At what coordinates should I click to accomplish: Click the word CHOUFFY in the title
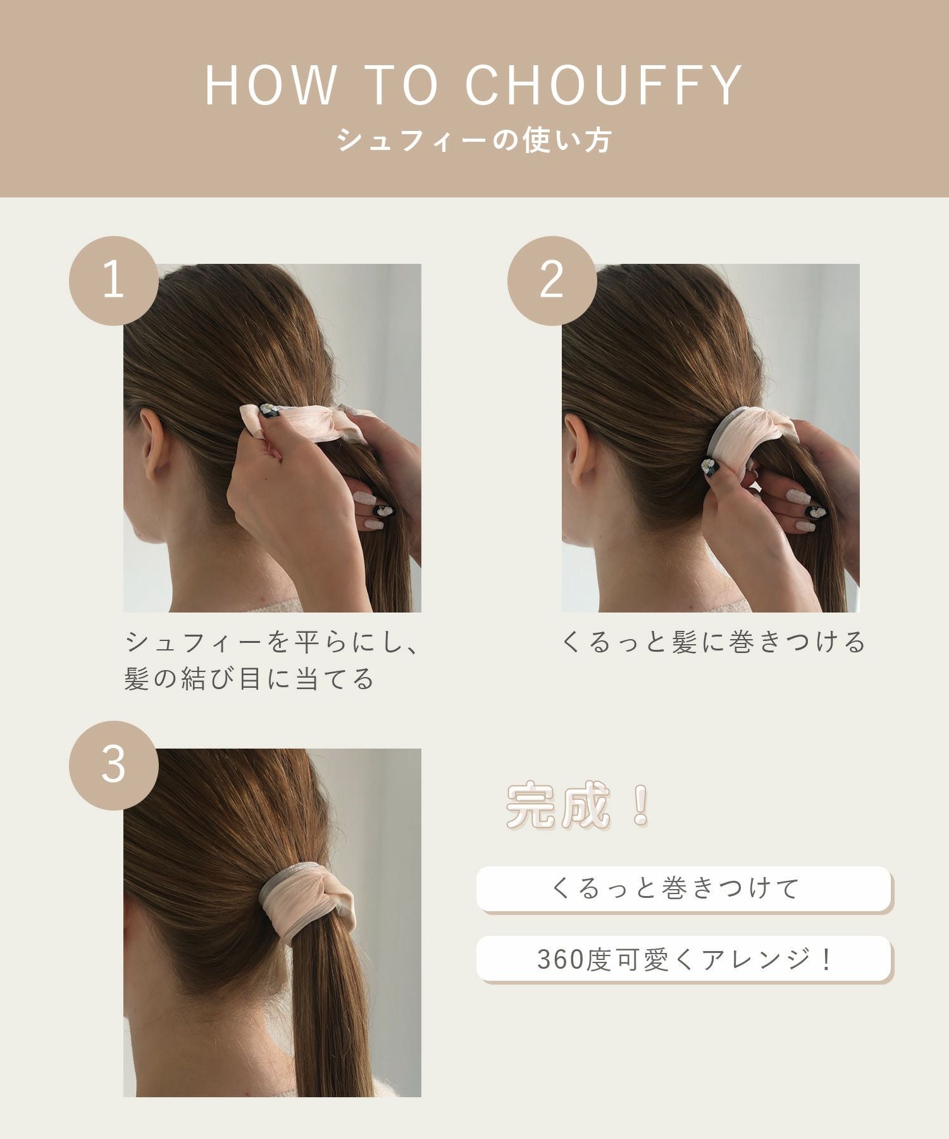click(x=604, y=85)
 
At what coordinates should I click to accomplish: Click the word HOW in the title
click(x=271, y=85)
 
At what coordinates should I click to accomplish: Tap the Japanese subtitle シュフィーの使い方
click(x=474, y=140)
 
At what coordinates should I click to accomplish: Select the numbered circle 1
click(x=114, y=281)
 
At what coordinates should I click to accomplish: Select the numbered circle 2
click(x=552, y=281)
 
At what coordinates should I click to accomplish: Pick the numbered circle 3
click(x=114, y=766)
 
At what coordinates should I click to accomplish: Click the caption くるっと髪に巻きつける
click(x=713, y=643)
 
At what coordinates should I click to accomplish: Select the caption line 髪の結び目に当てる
click(x=250, y=680)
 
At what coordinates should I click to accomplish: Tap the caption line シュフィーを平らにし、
click(x=272, y=643)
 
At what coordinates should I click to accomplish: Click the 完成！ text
click(x=578, y=806)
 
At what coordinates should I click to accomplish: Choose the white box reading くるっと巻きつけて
click(x=684, y=889)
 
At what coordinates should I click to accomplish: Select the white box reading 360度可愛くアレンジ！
click(x=684, y=960)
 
